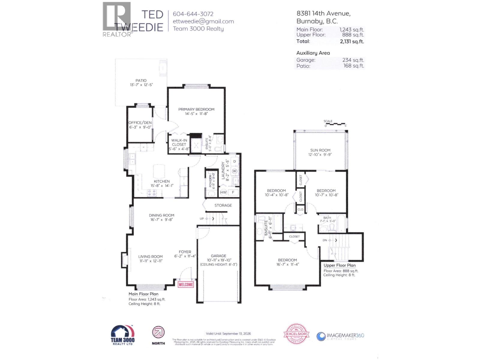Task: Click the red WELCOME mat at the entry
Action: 186,284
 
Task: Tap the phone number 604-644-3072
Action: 193,14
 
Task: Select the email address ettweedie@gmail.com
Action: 203,21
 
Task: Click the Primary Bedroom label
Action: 196,109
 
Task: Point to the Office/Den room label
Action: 140,123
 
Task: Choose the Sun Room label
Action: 320,150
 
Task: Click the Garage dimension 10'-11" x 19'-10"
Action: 219,260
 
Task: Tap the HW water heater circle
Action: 223,192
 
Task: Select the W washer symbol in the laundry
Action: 235,171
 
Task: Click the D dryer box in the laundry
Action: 235,161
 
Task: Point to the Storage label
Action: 223,205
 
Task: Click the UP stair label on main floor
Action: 202,219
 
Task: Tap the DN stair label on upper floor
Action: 325,240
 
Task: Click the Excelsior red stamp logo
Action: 296,334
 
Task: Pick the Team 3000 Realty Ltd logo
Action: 123,335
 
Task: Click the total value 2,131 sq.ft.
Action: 352,41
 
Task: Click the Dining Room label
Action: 161,215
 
